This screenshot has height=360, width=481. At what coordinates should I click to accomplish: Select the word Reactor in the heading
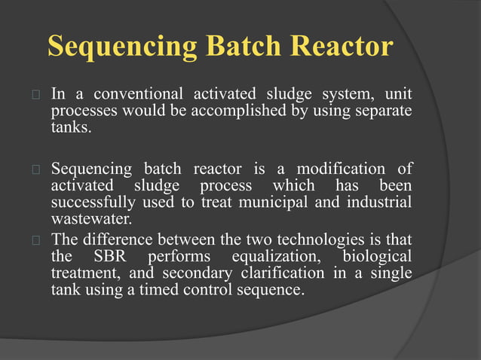pyautogui.click(x=339, y=47)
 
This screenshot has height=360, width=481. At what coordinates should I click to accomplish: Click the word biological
pyautogui.click(x=377, y=257)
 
